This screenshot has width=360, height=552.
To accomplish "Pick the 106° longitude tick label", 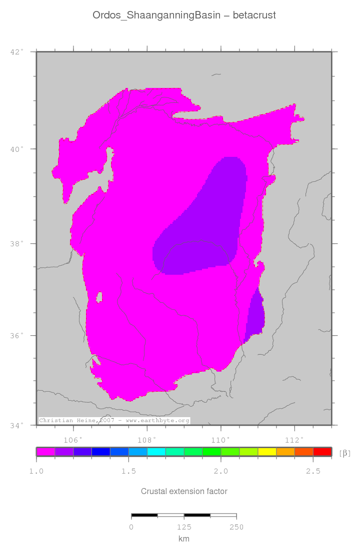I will click(73, 440).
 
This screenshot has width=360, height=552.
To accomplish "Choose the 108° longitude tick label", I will click(147, 440).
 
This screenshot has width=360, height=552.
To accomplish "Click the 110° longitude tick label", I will click(220, 440).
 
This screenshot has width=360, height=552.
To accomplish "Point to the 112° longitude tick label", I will click(294, 440).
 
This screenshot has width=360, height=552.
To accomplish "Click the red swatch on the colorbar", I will click(322, 452).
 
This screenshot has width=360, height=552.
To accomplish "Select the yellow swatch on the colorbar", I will click(266, 452).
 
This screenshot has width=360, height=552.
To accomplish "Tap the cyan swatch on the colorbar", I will click(156, 452).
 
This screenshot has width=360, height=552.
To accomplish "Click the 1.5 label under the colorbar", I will click(128, 471).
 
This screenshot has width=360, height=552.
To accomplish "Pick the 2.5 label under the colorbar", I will click(313, 471).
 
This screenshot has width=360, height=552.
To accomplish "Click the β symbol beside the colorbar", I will click(344, 453).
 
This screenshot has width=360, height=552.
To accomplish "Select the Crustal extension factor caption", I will click(184, 491).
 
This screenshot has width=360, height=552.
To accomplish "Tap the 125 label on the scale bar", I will click(184, 527).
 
